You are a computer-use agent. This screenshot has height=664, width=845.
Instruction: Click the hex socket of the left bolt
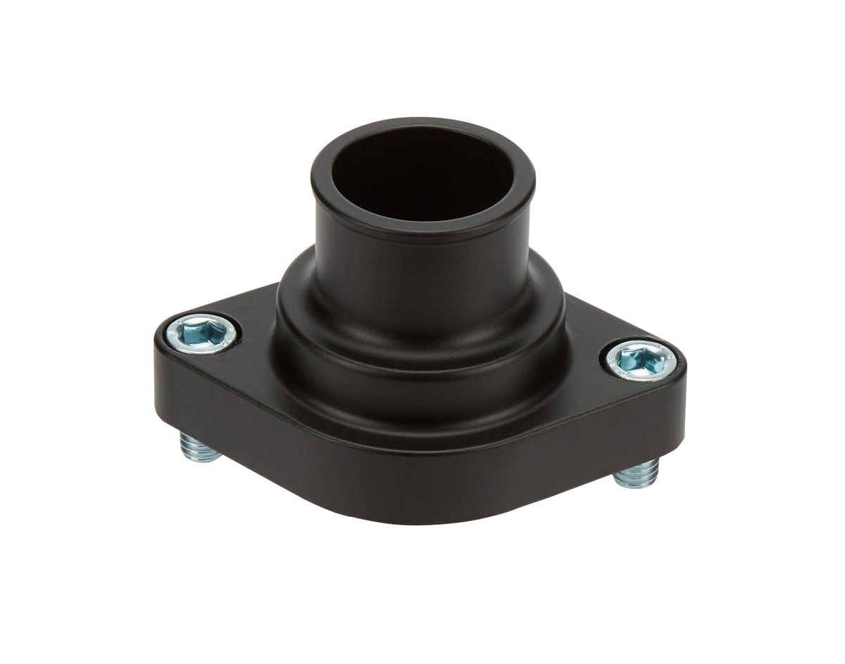[x=202, y=332]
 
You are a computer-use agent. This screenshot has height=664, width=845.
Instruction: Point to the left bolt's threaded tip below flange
[x=201, y=448]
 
